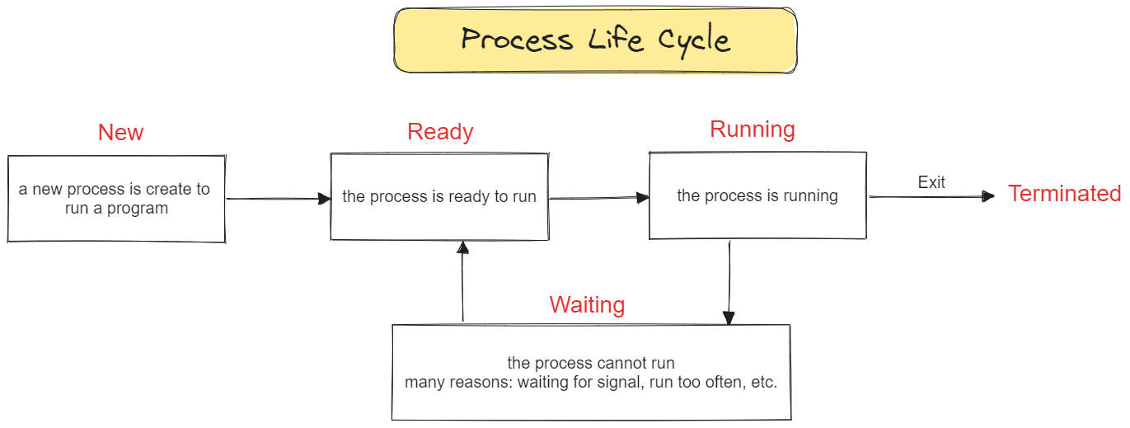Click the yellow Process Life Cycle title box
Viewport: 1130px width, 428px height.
pyautogui.click(x=595, y=40)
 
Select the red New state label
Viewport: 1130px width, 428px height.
pyautogui.click(x=120, y=133)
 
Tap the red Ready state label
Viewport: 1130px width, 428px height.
pyautogui.click(x=440, y=132)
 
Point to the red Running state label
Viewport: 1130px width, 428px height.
pyautogui.click(x=753, y=130)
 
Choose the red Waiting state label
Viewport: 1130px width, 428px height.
pyautogui.click(x=587, y=305)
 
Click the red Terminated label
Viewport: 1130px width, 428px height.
pyautogui.click(x=1064, y=194)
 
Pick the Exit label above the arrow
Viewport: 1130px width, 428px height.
pyautogui.click(x=931, y=182)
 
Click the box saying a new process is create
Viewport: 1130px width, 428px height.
pyautogui.click(x=116, y=199)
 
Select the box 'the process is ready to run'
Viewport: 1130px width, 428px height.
pyautogui.click(x=439, y=196)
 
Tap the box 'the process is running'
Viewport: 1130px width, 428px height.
pyautogui.click(x=757, y=195)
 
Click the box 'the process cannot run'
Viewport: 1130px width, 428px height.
pyautogui.click(x=591, y=373)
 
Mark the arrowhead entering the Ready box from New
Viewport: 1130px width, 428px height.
pyautogui.click(x=324, y=199)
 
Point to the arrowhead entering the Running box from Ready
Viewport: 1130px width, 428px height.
pyautogui.click(x=643, y=197)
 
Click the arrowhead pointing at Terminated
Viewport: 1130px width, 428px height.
pyautogui.click(x=988, y=196)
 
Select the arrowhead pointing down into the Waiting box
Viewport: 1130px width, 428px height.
pyautogui.click(x=729, y=318)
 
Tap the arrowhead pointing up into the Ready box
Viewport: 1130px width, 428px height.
pyautogui.click(x=462, y=247)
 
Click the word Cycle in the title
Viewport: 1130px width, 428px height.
pyautogui.click(x=694, y=40)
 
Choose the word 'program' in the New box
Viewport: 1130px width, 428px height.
pyautogui.click(x=137, y=209)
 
